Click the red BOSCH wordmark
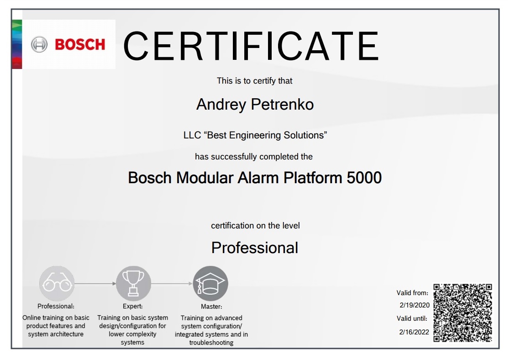(x=80, y=45)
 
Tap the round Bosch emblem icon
(x=39, y=45)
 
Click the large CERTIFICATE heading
(x=251, y=46)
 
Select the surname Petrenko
(x=282, y=105)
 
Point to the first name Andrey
(x=221, y=105)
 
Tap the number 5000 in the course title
(x=364, y=178)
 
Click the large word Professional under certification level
(x=255, y=248)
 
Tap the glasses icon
(x=57, y=284)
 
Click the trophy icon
(x=133, y=283)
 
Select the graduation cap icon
(x=210, y=283)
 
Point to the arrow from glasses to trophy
(x=95, y=284)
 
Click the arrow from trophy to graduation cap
(x=172, y=284)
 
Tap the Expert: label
(x=133, y=306)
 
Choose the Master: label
(x=211, y=307)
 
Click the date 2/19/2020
(x=415, y=305)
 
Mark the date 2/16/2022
(x=414, y=332)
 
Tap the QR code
(x=463, y=313)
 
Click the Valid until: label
(x=412, y=318)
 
